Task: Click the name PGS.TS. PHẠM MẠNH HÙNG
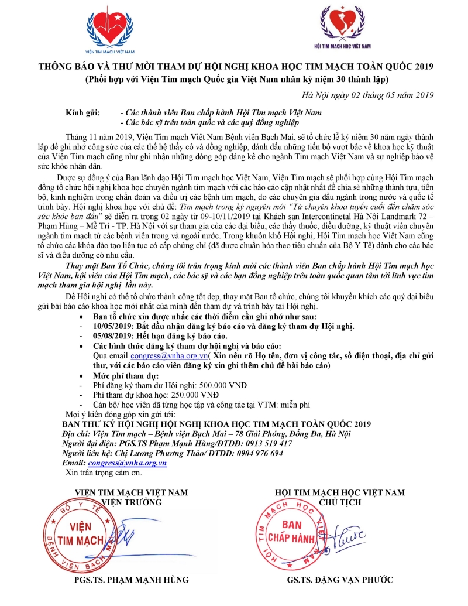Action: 132,580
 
